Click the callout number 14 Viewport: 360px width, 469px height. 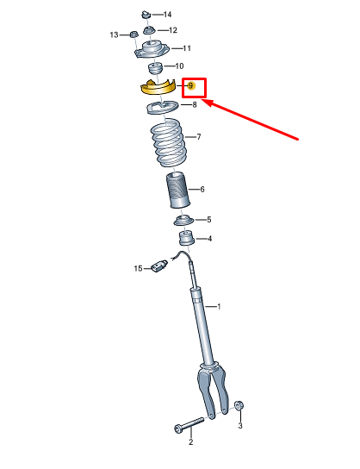click(x=167, y=15)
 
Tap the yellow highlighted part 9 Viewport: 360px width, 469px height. click(x=157, y=88)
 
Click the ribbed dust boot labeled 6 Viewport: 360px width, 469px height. click(x=178, y=190)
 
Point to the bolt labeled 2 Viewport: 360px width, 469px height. click(x=189, y=424)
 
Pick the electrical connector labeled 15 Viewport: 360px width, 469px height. click(x=159, y=266)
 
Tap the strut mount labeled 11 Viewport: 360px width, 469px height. click(x=152, y=50)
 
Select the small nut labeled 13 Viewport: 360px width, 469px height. click(x=133, y=34)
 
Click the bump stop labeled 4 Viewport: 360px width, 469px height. click(x=186, y=237)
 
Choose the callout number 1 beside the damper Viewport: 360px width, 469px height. click(x=219, y=307)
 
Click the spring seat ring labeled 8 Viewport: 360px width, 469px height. click(x=163, y=108)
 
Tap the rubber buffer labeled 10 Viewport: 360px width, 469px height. click(x=155, y=68)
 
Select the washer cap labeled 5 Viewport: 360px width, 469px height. click(x=183, y=221)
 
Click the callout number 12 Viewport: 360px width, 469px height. click(x=173, y=30)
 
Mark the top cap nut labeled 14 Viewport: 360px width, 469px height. click(x=146, y=15)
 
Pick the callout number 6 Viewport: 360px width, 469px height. click(x=202, y=190)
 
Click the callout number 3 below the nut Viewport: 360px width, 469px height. click(x=240, y=425)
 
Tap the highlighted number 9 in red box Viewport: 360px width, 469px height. click(x=190, y=86)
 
